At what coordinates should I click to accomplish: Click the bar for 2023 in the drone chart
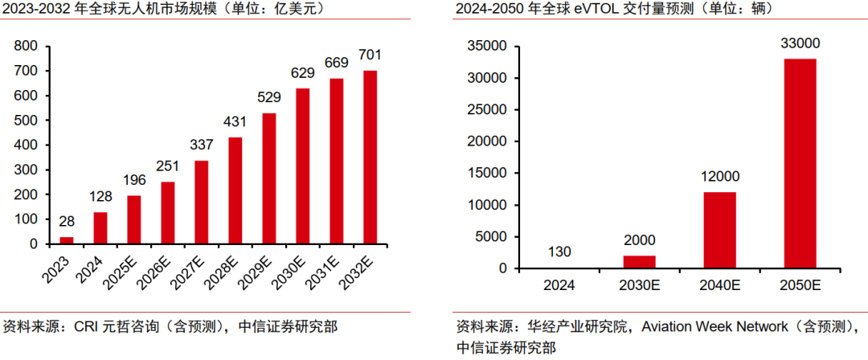[x=67, y=239]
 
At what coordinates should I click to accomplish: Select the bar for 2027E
[x=202, y=202]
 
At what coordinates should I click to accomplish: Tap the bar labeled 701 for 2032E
[x=371, y=157]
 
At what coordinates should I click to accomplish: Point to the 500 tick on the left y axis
[x=27, y=121]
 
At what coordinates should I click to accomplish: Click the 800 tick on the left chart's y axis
[x=27, y=47]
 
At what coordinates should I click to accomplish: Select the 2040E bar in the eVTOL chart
[x=719, y=230]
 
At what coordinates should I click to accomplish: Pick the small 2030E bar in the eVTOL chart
[x=639, y=262]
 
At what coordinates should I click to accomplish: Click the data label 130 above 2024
[x=559, y=252]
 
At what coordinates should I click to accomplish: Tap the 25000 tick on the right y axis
[x=486, y=110]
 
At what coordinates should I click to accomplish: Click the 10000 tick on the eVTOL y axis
[x=486, y=205]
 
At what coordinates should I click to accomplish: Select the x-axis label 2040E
[x=719, y=284]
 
